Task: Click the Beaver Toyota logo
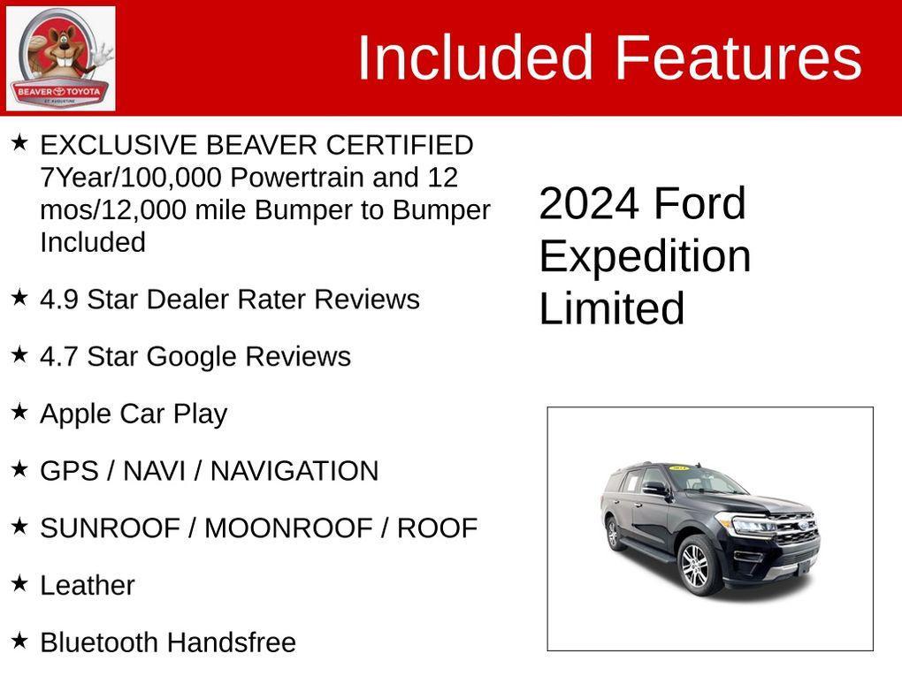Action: click(60, 59)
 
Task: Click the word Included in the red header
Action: click(474, 58)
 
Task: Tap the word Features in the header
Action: click(738, 58)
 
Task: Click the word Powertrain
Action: click(297, 178)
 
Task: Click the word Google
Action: click(191, 357)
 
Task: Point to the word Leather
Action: click(88, 586)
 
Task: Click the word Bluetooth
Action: click(99, 642)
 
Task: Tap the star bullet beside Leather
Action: click(19, 582)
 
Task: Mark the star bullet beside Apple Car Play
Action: click(19, 411)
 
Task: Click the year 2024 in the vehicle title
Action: click(588, 204)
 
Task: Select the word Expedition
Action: click(645, 256)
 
